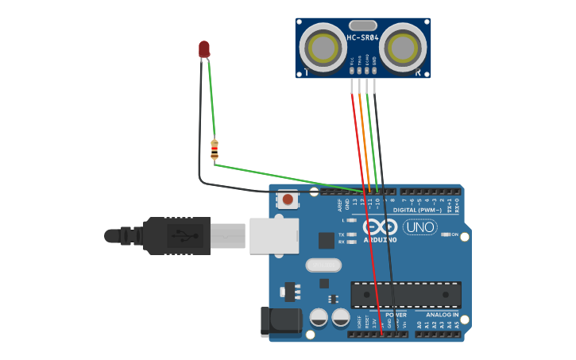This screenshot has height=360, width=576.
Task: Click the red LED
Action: (204, 49)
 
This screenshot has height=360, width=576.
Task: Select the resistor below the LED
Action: (215, 149)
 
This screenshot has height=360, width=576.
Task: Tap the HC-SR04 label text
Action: (362, 38)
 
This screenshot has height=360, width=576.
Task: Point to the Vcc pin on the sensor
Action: (351, 73)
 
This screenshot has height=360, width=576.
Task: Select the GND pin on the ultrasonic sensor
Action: (374, 73)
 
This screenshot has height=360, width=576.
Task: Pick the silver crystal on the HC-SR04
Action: (362, 25)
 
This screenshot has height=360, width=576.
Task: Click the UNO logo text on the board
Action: (419, 227)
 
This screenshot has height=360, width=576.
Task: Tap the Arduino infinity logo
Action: (380, 226)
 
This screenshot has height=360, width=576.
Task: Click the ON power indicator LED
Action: (445, 235)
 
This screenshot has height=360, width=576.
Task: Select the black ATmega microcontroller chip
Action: (406, 295)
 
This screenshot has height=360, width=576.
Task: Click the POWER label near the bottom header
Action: (396, 315)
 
